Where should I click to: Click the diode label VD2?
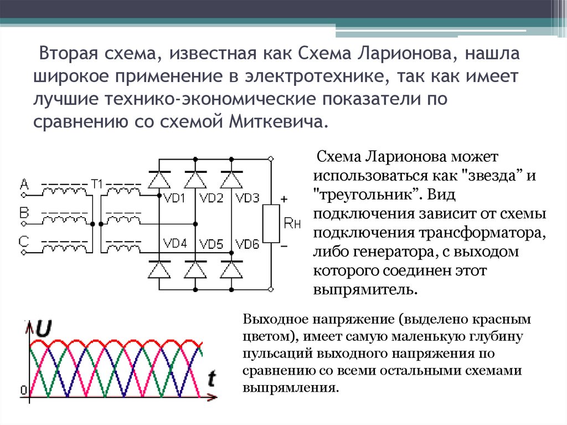(x=211, y=198)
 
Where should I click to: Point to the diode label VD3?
(x=247, y=198)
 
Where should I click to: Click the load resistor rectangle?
(x=271, y=223)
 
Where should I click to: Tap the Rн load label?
(x=292, y=224)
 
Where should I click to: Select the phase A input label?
(x=24, y=183)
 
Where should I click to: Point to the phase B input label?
(x=24, y=213)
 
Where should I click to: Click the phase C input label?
(x=24, y=241)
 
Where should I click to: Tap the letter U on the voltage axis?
(x=44, y=329)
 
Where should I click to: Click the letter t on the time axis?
(x=212, y=378)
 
